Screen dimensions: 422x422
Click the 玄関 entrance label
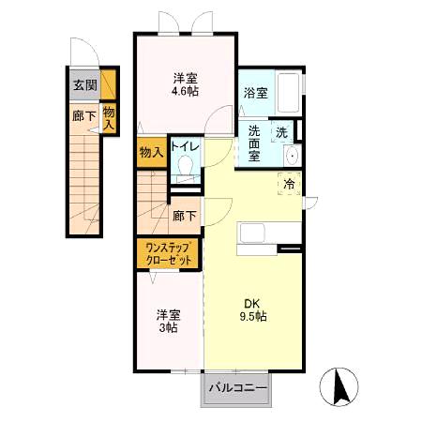[83, 85]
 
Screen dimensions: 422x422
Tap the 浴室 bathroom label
[256, 93]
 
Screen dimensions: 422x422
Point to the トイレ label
[183, 147]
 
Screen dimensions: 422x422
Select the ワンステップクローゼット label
[169, 253]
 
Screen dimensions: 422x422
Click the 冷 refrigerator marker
[290, 184]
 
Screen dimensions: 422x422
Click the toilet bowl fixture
[185, 169]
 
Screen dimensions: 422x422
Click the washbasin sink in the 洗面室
[291, 156]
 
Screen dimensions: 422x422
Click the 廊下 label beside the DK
[184, 216]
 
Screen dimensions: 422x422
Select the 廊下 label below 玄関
[83, 117]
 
